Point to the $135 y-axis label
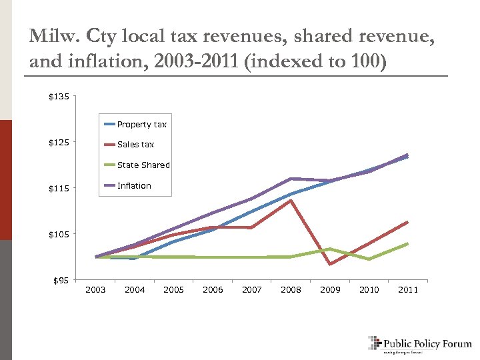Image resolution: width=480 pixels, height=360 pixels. (58, 97)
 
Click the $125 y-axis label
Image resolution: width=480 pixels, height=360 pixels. (58, 143)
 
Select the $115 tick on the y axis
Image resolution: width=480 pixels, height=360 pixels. (58, 189)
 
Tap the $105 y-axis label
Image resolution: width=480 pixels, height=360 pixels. (58, 234)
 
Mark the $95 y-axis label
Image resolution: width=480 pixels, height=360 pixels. (60, 280)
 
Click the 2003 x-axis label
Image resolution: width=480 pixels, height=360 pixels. (96, 289)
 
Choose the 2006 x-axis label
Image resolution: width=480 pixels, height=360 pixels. (213, 289)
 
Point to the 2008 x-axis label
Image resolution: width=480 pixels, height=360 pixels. (291, 289)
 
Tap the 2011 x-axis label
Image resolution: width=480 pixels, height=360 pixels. (407, 289)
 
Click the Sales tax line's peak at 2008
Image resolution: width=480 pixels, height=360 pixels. (291, 200)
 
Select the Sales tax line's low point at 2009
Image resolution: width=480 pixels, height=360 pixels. (329, 265)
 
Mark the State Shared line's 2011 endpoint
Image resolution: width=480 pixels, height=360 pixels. (407, 243)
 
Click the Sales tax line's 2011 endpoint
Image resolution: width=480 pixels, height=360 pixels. (407, 222)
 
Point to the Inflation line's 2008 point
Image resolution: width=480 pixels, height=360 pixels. (291, 179)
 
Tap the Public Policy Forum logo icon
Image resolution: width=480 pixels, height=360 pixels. (374, 343)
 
